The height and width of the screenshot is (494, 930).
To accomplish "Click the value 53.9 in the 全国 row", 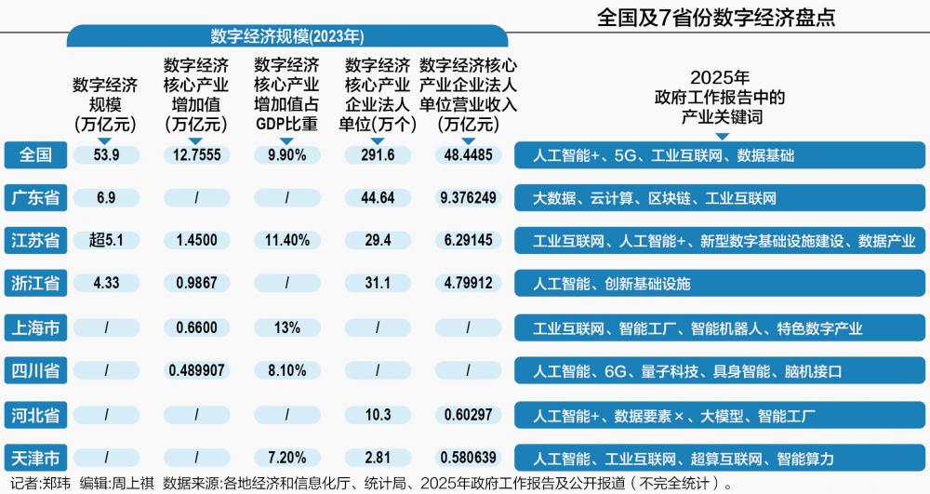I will pos(107,155).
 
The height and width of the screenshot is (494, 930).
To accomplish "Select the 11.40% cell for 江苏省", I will pos(286,241).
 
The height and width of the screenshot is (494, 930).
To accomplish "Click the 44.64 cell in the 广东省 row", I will pos(378,198).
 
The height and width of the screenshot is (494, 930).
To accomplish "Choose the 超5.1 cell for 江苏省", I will pos(107,241).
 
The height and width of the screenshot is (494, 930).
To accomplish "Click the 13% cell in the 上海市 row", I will pos(286,327).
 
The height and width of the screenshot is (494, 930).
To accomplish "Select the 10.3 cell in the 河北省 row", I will pos(378,415).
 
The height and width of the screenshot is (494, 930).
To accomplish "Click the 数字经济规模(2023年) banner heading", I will pos(287,36).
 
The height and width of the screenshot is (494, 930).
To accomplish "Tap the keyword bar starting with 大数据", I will pos(720,198).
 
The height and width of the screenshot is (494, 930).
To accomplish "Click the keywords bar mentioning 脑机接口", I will pos(720,371).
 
